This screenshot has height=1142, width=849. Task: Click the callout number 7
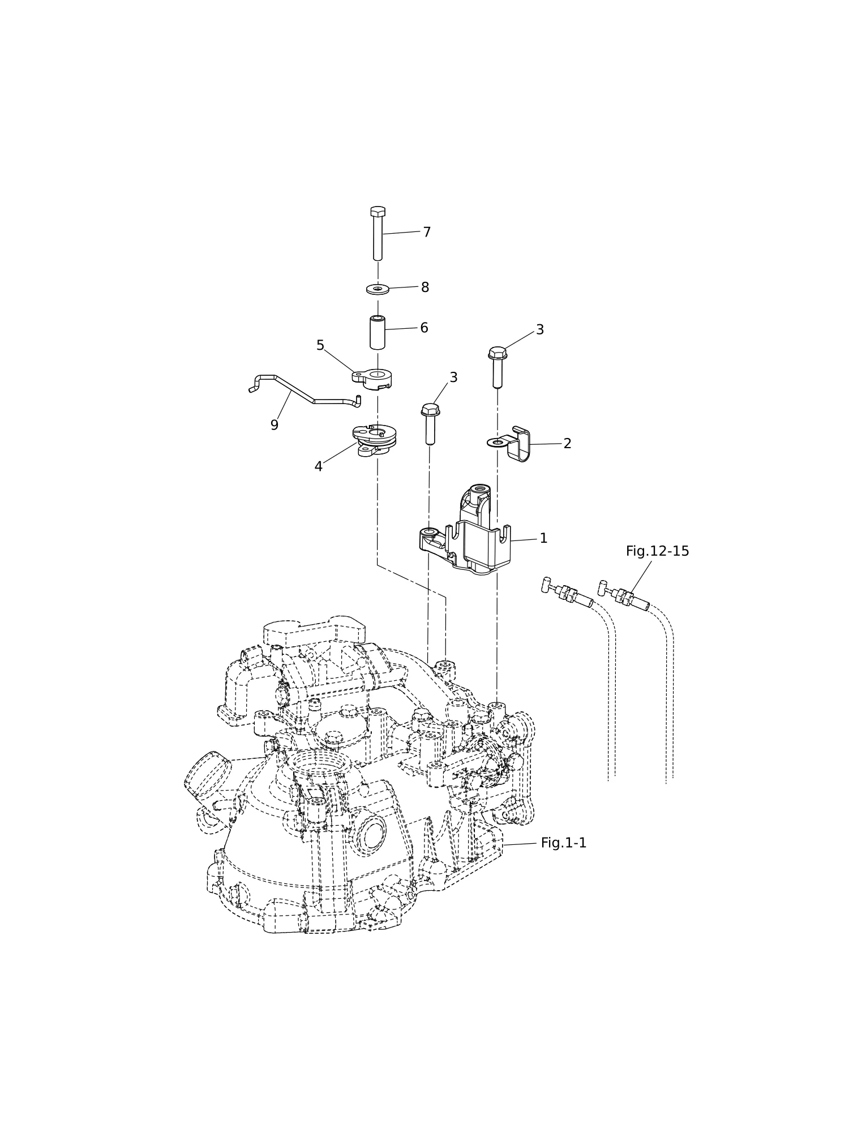pos(427,233)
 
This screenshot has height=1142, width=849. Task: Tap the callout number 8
pos(425,287)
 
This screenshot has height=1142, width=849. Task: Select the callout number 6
pos(424,328)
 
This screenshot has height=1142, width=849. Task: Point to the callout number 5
pos(320,345)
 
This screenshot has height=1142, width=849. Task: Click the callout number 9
pos(275,425)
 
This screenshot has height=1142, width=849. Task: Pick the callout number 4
pos(319,466)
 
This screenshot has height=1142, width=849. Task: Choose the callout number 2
pos(567,444)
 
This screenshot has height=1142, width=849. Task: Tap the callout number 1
pos(543,538)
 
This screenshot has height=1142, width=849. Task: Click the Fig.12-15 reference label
pos(657,551)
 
